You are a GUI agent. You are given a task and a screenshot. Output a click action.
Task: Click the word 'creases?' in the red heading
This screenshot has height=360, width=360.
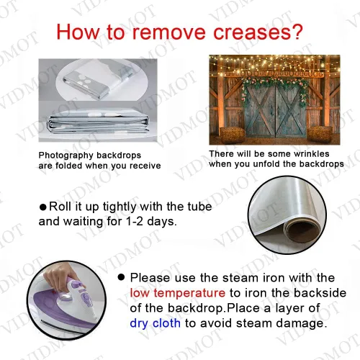pyautogui.click(x=258, y=32)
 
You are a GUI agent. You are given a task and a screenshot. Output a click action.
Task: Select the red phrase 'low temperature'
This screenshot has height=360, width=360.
pyautogui.click(x=178, y=293)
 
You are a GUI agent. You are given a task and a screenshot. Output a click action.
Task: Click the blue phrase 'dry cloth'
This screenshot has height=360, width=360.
pyautogui.click(x=155, y=323)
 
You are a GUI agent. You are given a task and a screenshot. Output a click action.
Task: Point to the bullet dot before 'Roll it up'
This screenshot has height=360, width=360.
pyautogui.click(x=43, y=207)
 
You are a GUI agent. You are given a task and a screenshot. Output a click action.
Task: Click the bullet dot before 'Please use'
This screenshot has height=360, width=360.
pyautogui.click(x=122, y=277)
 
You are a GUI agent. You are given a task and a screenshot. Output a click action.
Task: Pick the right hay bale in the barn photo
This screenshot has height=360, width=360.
pyautogui.click(x=320, y=135)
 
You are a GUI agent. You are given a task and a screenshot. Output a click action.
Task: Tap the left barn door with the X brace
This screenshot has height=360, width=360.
pyautogui.click(x=261, y=112)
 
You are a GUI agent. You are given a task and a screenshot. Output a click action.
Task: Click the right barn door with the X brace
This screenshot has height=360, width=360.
pyautogui.click(x=291, y=112)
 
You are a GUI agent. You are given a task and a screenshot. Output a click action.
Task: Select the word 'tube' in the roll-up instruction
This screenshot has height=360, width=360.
pyautogui.click(x=199, y=207)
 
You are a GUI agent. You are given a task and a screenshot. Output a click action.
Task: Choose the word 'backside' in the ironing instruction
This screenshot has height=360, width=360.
pyautogui.click(x=320, y=293)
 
